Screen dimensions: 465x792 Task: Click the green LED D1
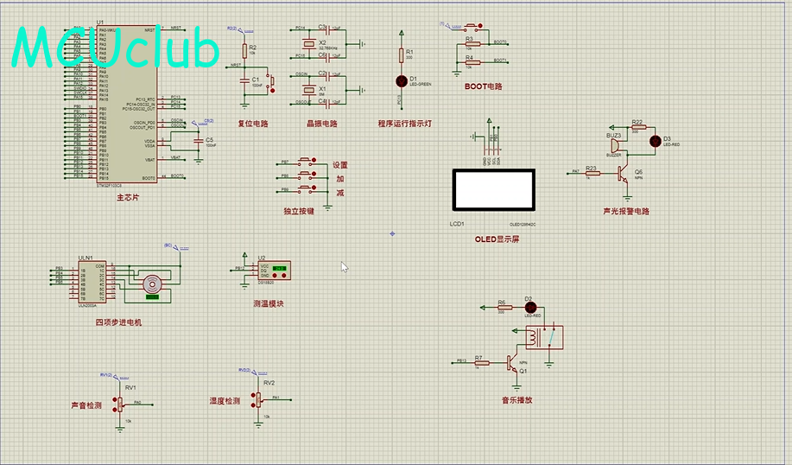tap(401, 80)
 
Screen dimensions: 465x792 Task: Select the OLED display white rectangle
tap(493, 188)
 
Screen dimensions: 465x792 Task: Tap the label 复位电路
tap(253, 124)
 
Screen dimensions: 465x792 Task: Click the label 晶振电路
tap(321, 124)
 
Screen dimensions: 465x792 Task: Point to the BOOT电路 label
tap(483, 86)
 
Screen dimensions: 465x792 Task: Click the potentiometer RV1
tap(119, 403)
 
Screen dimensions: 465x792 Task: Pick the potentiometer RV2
tap(257, 398)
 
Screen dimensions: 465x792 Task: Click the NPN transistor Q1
tap(515, 362)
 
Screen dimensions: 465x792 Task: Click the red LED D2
tap(530, 307)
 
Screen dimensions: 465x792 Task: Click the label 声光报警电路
tap(626, 211)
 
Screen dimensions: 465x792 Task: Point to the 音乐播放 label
tap(517, 400)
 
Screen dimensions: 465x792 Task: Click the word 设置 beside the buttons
tap(339, 165)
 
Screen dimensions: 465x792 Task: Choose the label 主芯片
tap(127, 198)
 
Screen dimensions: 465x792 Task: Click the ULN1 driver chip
tap(92, 280)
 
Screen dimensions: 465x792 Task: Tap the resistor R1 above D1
tap(401, 54)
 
